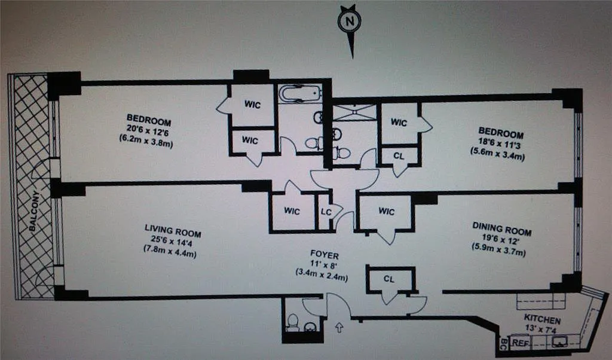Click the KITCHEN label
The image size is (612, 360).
tap(542, 321)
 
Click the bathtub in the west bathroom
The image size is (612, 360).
tap(299, 93)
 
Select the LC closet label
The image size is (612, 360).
tap(326, 211)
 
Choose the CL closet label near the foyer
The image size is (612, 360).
tap(389, 278)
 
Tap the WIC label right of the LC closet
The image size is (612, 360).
tap(387, 211)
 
